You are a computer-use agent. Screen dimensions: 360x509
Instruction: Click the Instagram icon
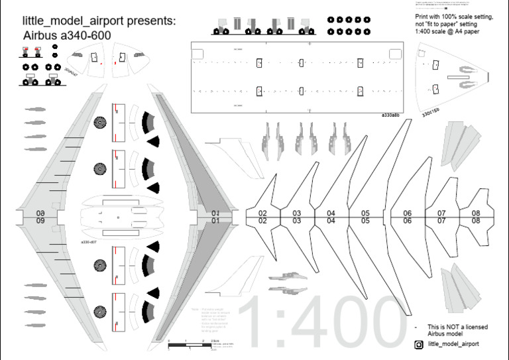tap(419, 345)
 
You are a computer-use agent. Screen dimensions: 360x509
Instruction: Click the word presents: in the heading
tap(147, 21)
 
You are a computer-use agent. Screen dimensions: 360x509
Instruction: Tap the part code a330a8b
tap(390, 115)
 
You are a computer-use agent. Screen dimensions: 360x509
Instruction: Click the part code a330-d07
tap(89, 243)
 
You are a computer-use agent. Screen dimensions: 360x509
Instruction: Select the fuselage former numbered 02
tap(262, 217)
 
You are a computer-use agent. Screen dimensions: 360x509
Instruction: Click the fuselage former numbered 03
tap(297, 217)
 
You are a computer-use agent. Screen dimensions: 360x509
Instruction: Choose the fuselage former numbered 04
tap(331, 217)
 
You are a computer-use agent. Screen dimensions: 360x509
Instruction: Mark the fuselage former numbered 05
tap(365, 217)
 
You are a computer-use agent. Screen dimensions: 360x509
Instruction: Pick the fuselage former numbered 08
tap(476, 217)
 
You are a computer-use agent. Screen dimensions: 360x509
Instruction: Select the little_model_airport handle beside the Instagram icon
tap(453, 344)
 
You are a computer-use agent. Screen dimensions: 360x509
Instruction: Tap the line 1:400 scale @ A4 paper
tap(447, 31)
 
